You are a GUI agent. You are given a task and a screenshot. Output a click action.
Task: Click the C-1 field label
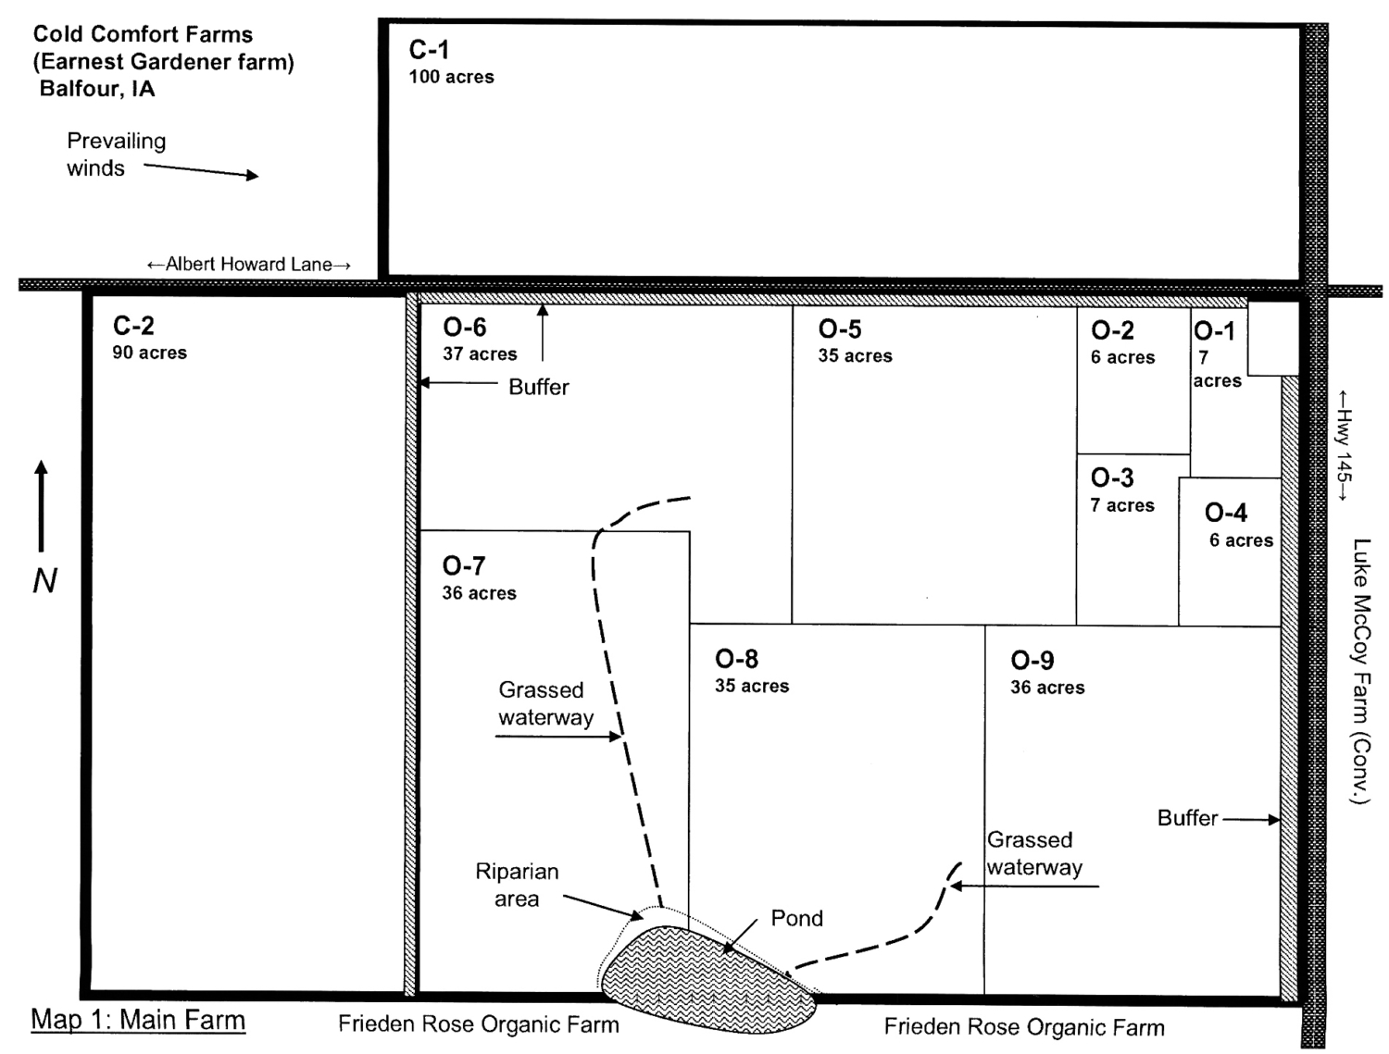(429, 49)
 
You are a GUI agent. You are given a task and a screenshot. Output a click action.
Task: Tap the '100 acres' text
(451, 77)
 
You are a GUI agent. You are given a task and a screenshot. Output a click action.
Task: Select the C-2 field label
(133, 326)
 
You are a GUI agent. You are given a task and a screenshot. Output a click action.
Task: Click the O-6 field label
(464, 328)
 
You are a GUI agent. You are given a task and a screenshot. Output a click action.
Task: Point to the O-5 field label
(840, 329)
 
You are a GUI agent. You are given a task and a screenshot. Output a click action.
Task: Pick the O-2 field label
(1112, 331)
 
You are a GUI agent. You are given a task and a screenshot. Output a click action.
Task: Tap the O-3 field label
(1112, 477)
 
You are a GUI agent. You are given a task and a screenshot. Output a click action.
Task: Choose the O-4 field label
(1226, 513)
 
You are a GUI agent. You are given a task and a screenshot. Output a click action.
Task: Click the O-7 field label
(464, 565)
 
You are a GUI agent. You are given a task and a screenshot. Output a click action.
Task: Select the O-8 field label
(737, 659)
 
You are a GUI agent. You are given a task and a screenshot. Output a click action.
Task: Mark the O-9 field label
(1032, 661)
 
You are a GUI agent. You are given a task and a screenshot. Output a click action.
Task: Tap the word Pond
(796, 918)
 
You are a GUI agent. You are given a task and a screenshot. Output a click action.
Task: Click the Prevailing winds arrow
(201, 171)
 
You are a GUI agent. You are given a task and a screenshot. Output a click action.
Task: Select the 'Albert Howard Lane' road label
(249, 265)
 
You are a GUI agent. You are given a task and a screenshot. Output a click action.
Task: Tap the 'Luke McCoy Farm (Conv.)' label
(1360, 671)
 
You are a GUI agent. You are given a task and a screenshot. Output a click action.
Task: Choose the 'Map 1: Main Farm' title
(138, 1020)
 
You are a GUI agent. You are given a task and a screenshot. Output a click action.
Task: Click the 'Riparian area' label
(517, 885)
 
